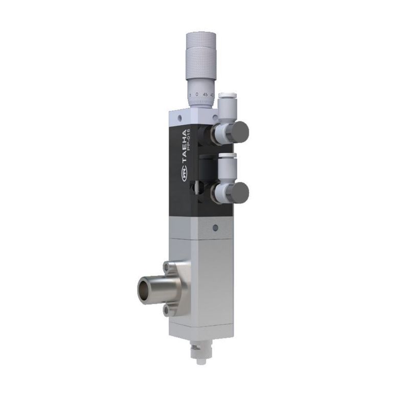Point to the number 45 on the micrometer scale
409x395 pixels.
(x=205, y=95)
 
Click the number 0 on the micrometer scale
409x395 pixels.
(x=197, y=95)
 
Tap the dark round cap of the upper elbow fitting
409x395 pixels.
(x=238, y=131)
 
